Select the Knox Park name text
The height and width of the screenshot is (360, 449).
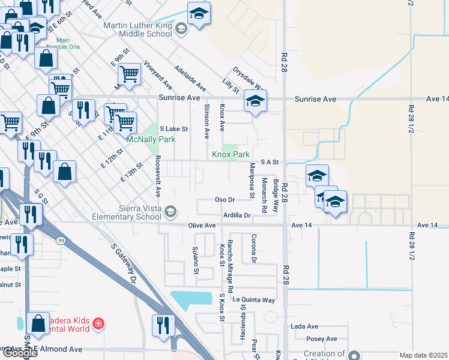tap(230, 154)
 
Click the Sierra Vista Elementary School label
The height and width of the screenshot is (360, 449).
tap(128, 212)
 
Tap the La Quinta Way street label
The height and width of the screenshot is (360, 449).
tap(254, 299)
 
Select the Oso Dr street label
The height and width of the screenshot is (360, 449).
tap(224, 199)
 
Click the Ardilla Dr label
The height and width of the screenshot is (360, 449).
tap(236, 215)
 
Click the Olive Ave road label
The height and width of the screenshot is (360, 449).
tap(202, 226)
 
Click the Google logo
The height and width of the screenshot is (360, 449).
tap(19, 353)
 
